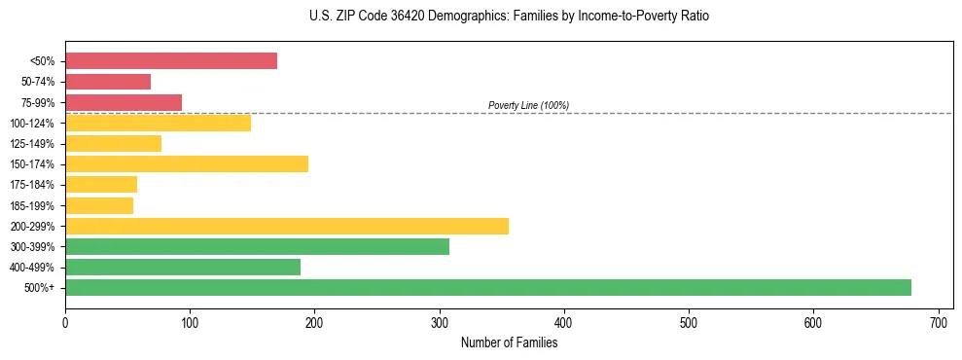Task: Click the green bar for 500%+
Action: [x=488, y=287]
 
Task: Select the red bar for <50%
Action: [x=171, y=61]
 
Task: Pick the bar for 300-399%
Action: [x=257, y=246]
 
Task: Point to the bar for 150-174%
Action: [x=187, y=163]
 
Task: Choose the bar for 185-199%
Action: [x=99, y=205]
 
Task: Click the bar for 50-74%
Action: [x=108, y=82]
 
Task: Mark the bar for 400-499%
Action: [x=183, y=267]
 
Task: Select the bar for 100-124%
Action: [x=159, y=123]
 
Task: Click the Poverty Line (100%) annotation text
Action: [x=528, y=105]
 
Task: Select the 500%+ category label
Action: [x=42, y=288]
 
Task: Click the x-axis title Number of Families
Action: [x=509, y=342]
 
